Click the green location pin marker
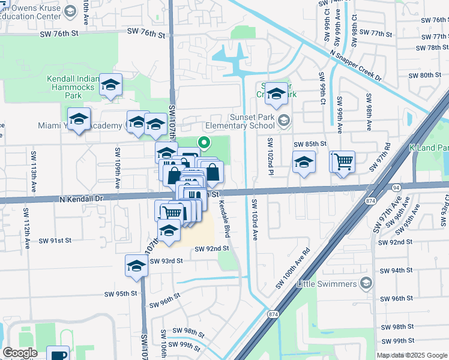[x=204, y=143]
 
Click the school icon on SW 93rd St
[x=136, y=265]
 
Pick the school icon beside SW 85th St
[x=304, y=162]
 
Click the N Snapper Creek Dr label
[x=355, y=65]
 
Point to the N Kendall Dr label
[x=82, y=197]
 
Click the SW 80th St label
[x=424, y=75]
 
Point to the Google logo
[x=20, y=353]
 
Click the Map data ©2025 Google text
[x=412, y=355]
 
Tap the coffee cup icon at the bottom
[x=58, y=354]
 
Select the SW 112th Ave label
[x=27, y=229]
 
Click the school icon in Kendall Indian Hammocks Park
[x=110, y=85]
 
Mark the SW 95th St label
[x=121, y=294]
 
